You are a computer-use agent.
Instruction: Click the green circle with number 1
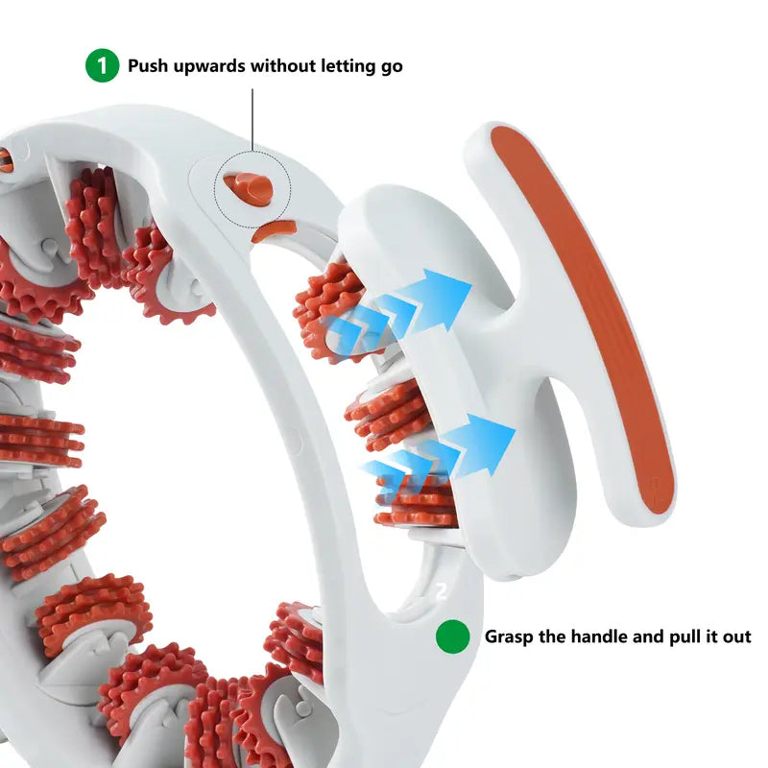click(x=101, y=66)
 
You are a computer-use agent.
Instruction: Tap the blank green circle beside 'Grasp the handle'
click(x=451, y=636)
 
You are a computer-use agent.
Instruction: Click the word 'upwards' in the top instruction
click(x=206, y=66)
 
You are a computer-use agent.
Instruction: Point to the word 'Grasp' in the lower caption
click(x=509, y=636)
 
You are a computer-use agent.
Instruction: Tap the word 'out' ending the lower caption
click(x=736, y=636)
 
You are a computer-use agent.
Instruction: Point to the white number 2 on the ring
click(x=442, y=592)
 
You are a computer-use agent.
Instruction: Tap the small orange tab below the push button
click(x=276, y=230)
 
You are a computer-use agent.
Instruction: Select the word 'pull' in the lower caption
click(x=666, y=636)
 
